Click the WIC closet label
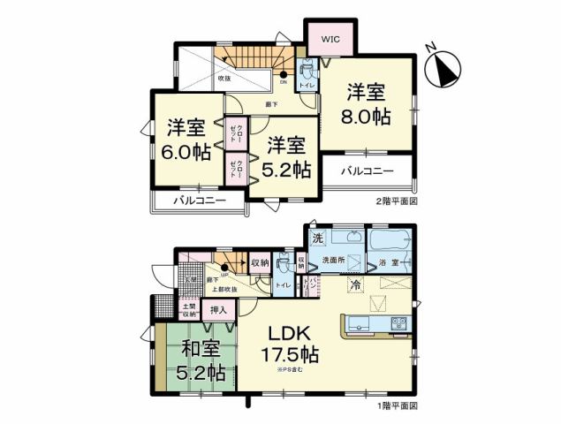tap(330, 39)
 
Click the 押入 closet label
tap(218, 310)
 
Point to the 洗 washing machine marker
tap(315, 238)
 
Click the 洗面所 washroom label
tap(333, 261)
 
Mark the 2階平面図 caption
tap(394, 202)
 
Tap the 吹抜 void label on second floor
tap(224, 79)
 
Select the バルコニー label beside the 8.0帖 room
tap(363, 169)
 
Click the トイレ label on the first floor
tap(284, 286)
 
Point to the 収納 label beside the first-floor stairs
tap(260, 262)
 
